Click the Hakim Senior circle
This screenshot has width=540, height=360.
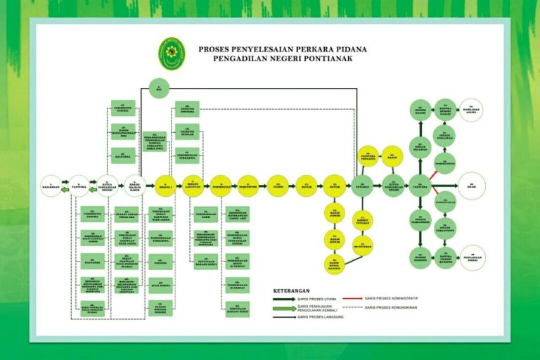[335, 238]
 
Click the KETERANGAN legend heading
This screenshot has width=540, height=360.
[291, 289]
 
